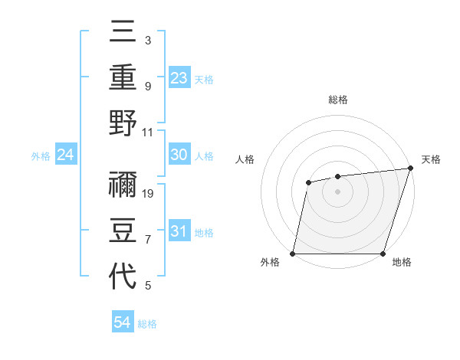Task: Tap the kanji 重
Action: [123, 78]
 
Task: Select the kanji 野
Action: [123, 123]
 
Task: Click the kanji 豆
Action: [123, 231]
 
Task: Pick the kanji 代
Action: [123, 276]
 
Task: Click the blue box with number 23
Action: [179, 77]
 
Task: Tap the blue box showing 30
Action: [179, 155]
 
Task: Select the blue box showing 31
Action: [179, 231]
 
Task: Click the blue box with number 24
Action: [65, 155]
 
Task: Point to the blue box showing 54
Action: [123, 322]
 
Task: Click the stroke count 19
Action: [149, 194]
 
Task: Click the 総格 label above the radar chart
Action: [338, 100]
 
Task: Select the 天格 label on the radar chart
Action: [431, 159]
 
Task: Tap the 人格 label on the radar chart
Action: [245, 159]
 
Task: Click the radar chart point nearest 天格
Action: [411, 169]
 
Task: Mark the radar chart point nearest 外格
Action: [293, 254]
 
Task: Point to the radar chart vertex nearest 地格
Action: [383, 254]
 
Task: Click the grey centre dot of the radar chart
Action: [337, 191]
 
